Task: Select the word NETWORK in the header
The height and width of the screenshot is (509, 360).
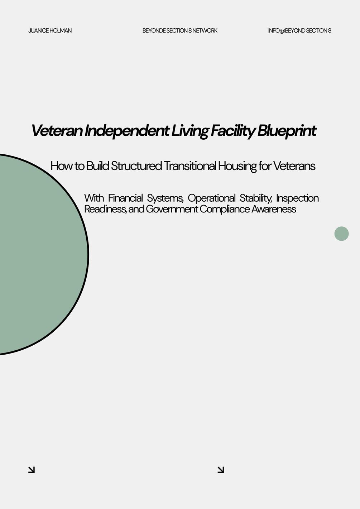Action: pos(205,31)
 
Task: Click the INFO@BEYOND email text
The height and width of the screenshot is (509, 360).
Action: pos(287,31)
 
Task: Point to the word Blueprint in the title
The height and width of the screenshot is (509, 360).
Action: pos(287,131)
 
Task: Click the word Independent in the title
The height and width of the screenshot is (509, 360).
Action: pos(127,131)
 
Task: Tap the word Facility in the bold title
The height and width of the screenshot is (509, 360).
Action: pos(233,131)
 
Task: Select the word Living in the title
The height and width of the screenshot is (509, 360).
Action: pos(190,131)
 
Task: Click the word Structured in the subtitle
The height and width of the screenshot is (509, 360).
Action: pos(136,166)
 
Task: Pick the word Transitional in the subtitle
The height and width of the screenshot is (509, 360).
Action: pos(190,166)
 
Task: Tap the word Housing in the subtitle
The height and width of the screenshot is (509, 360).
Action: pos(237,166)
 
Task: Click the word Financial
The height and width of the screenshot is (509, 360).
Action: pos(125,198)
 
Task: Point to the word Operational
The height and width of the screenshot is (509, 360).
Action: pos(211,198)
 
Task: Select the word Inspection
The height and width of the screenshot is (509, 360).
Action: pos(297,198)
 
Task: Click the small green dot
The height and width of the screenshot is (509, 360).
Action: pos(341,234)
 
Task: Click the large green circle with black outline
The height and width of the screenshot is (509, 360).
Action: pos(41,254)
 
